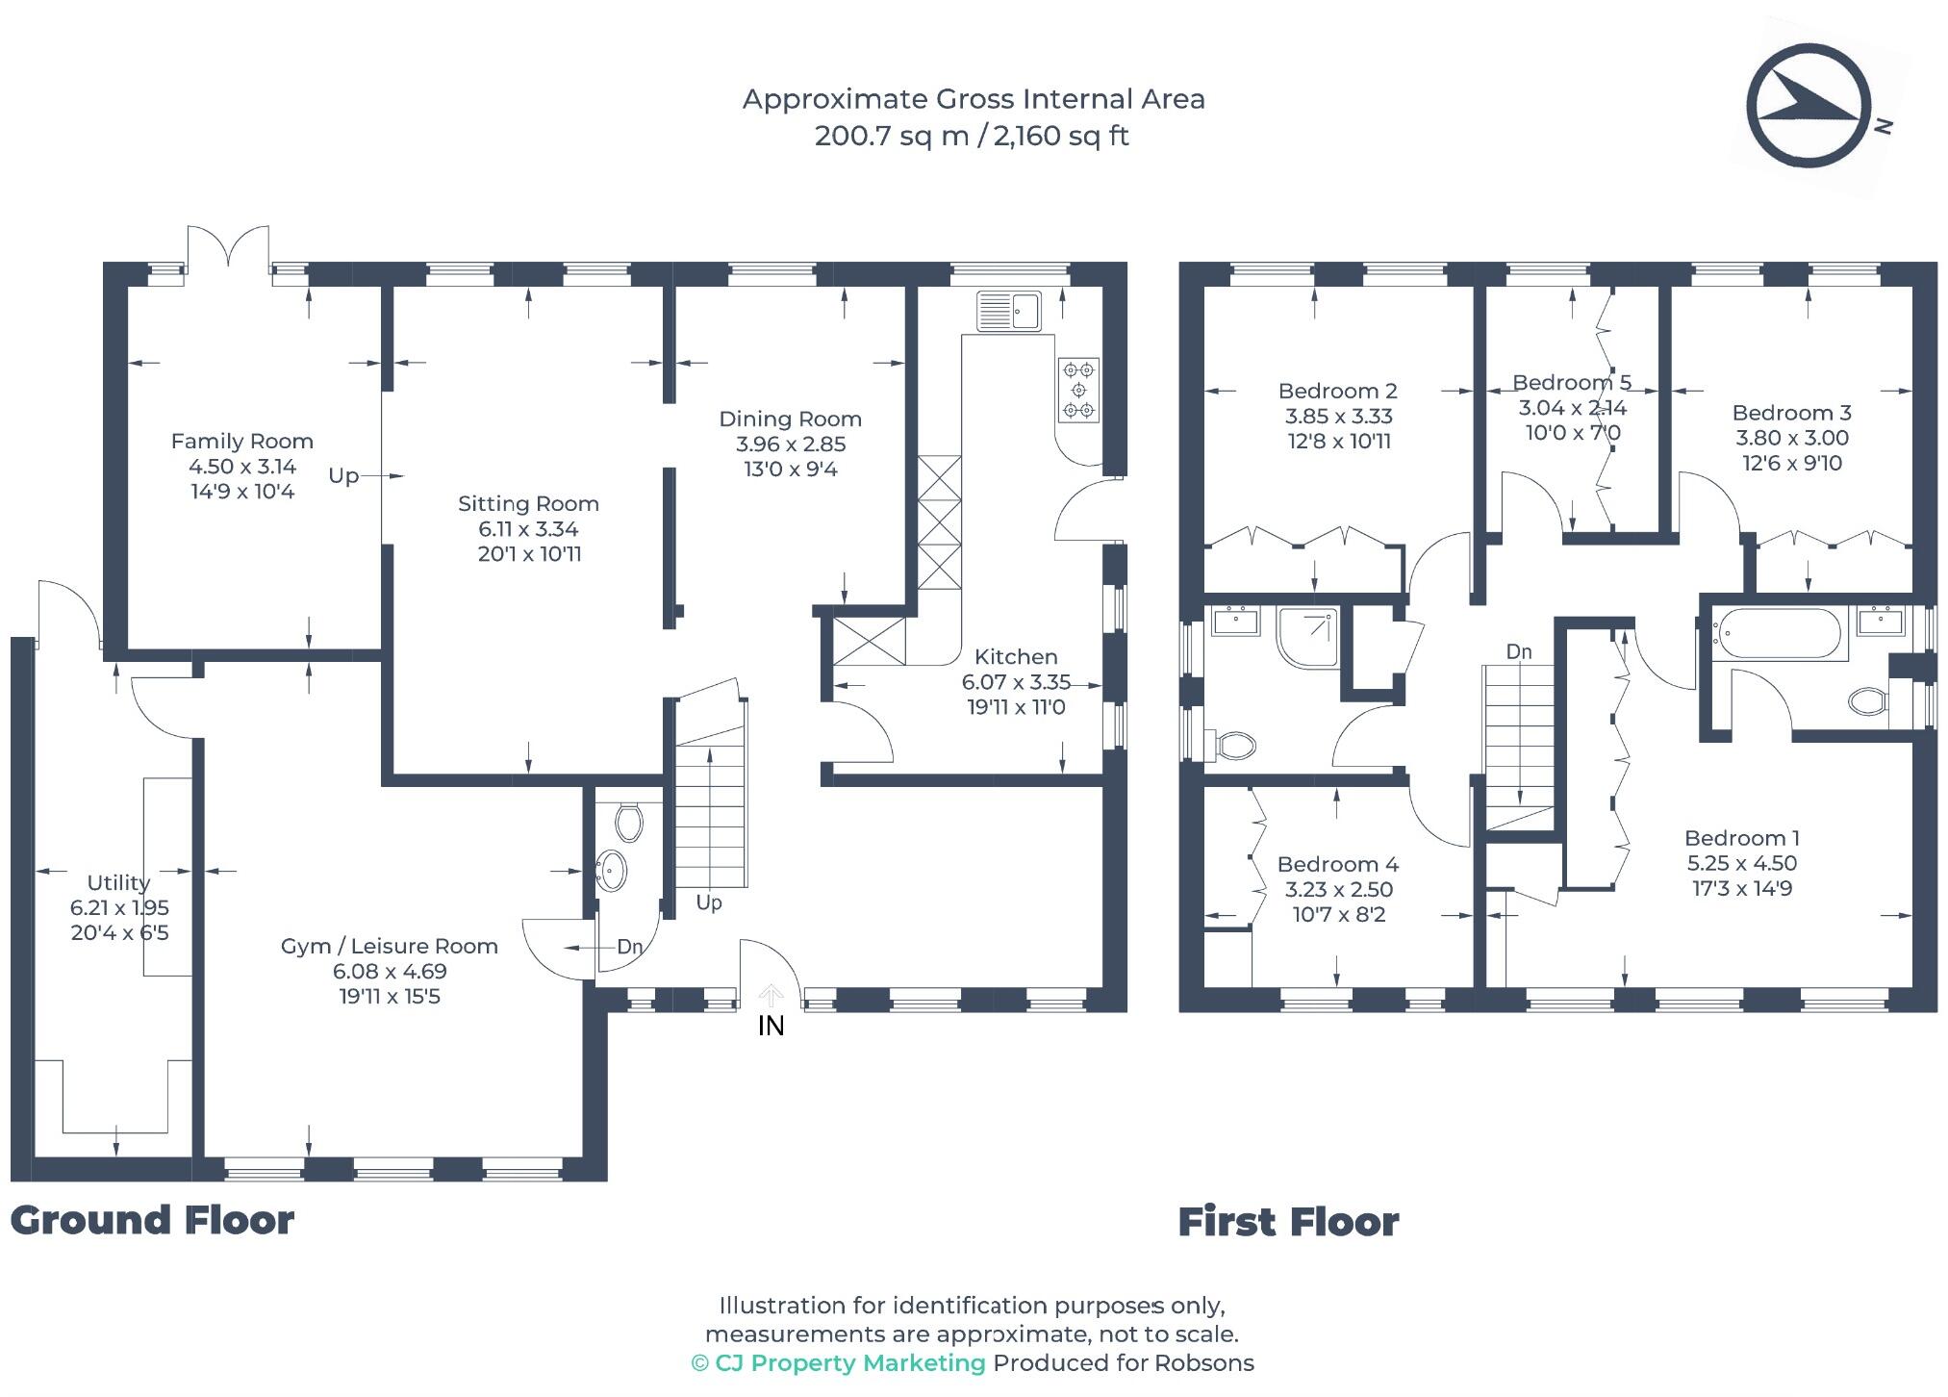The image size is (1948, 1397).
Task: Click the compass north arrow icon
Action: pos(1809,107)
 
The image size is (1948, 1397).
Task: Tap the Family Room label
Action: pos(242,442)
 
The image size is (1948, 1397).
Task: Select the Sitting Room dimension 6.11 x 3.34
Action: pos(528,529)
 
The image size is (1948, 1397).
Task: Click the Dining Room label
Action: pos(790,419)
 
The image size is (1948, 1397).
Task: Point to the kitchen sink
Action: pos(1008,311)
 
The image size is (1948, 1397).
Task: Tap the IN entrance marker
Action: pos(771,1027)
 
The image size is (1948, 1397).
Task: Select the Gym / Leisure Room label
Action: pos(390,947)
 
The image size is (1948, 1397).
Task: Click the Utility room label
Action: pos(118,883)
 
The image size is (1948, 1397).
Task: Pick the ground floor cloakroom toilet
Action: pos(628,823)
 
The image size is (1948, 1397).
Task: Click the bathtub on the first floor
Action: pos(1777,634)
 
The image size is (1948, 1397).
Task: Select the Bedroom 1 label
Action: pos(1742,838)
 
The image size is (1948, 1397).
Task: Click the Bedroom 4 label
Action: pos(1338,865)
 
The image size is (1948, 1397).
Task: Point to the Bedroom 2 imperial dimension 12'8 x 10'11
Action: pos(1339,442)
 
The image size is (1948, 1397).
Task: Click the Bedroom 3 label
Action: pos(1792,413)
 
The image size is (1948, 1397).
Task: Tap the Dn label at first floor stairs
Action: pos(1519,652)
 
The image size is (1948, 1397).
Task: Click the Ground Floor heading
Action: pos(152,1220)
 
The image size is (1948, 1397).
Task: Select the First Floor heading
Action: pos(1289,1222)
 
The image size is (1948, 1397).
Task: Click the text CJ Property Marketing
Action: pos(849,1363)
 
